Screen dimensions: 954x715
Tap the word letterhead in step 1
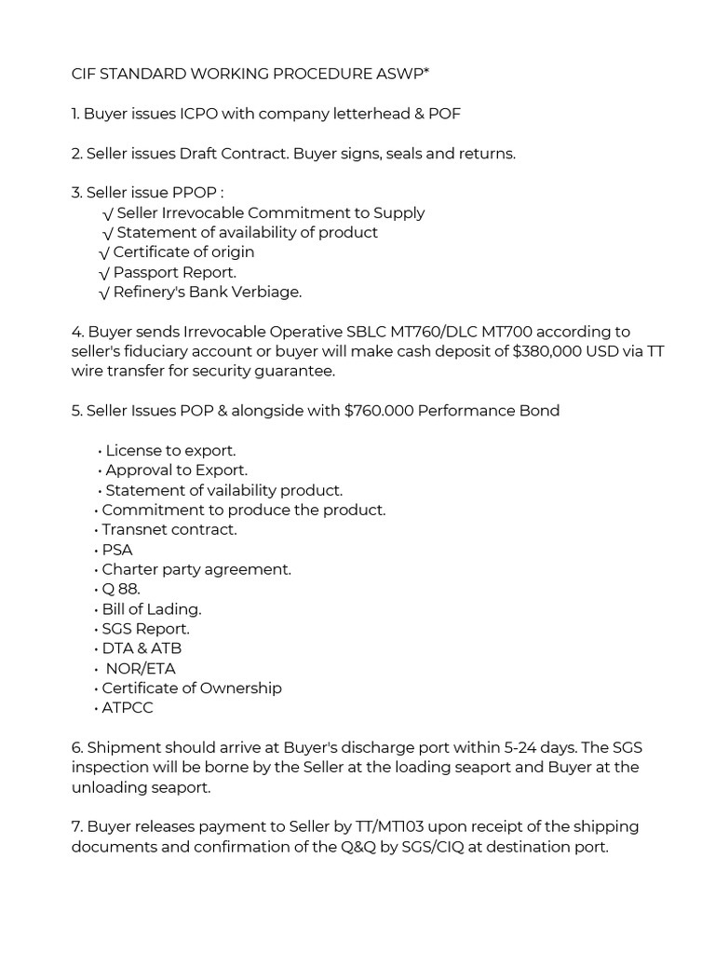coord(357,114)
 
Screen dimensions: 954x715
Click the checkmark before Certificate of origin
coord(104,252)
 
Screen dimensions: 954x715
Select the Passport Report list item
coord(174,272)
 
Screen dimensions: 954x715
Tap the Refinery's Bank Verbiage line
coord(207,292)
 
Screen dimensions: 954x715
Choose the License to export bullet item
coord(170,451)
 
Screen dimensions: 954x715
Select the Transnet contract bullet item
coord(169,529)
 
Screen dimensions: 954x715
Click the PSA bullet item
coord(117,550)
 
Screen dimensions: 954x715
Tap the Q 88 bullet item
coord(121,589)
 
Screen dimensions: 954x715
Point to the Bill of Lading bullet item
coord(152,609)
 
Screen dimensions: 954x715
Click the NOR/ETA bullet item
coord(141,668)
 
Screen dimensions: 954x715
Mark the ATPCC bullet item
coord(128,707)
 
